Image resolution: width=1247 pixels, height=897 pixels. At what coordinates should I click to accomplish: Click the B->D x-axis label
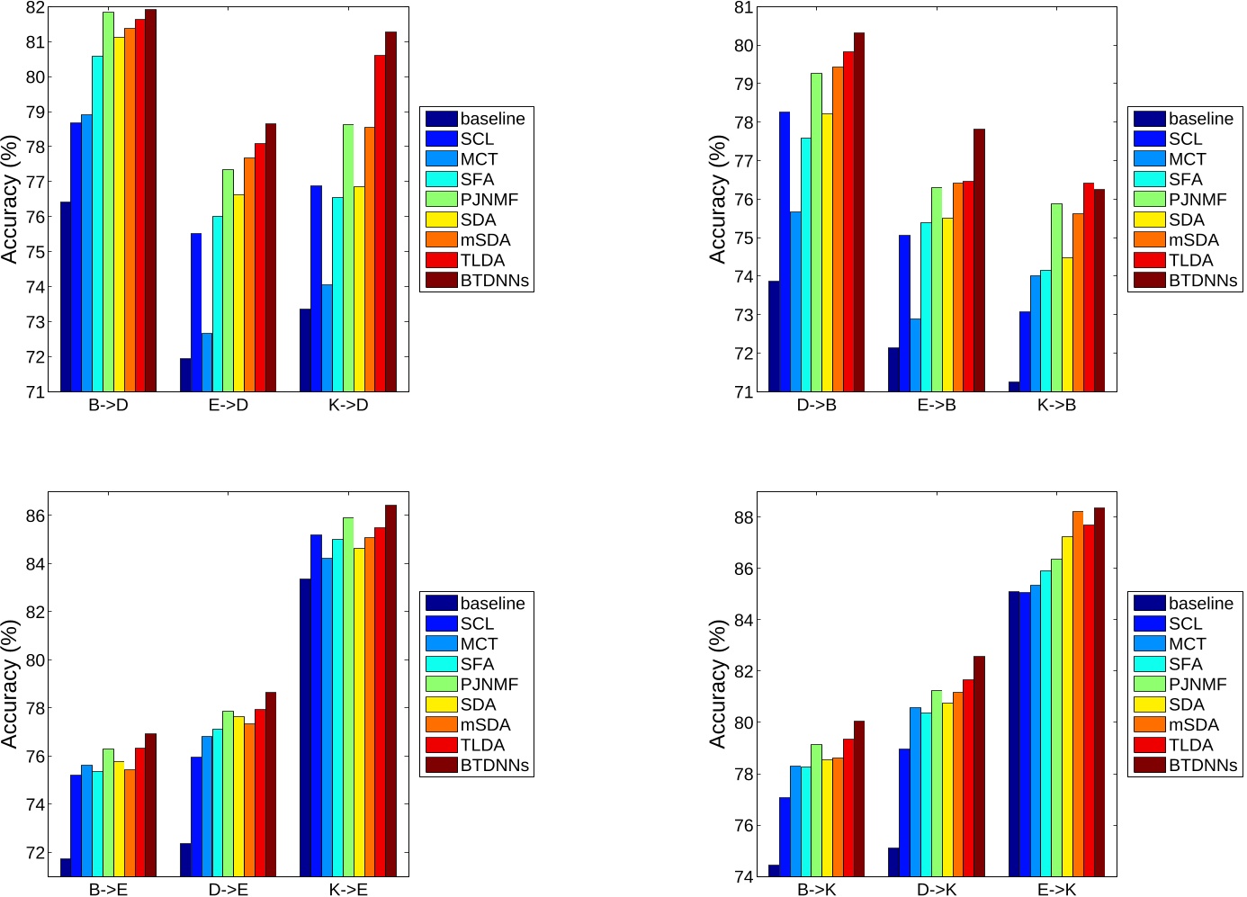pyautogui.click(x=108, y=405)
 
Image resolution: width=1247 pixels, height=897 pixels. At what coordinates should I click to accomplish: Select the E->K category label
pyautogui.click(x=1056, y=890)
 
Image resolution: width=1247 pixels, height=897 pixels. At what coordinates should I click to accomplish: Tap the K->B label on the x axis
pyautogui.click(x=1056, y=405)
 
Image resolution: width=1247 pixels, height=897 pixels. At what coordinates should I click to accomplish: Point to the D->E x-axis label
pyautogui.click(x=228, y=890)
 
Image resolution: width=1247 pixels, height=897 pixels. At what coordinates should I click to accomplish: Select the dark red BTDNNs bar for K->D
pyautogui.click(x=390, y=211)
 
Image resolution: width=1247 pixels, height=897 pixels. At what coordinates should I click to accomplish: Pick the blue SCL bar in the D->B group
pyautogui.click(x=785, y=252)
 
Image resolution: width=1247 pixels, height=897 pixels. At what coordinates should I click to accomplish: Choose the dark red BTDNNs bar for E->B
pyautogui.click(x=979, y=260)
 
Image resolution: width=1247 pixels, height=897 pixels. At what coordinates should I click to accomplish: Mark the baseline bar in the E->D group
pyautogui.click(x=185, y=375)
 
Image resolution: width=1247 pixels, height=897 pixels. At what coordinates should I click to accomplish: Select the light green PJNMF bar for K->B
pyautogui.click(x=1056, y=298)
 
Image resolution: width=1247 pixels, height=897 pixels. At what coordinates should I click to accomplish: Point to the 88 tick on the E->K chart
pyautogui.click(x=743, y=517)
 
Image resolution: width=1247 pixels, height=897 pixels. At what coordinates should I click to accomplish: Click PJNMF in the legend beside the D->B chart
pyautogui.click(x=1198, y=200)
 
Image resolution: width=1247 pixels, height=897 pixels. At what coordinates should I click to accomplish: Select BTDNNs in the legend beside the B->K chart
pyautogui.click(x=1203, y=766)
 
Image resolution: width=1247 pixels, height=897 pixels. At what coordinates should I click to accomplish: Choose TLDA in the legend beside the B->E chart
pyautogui.click(x=482, y=745)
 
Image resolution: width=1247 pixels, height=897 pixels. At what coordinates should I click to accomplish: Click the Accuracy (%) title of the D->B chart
pyautogui.click(x=718, y=199)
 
